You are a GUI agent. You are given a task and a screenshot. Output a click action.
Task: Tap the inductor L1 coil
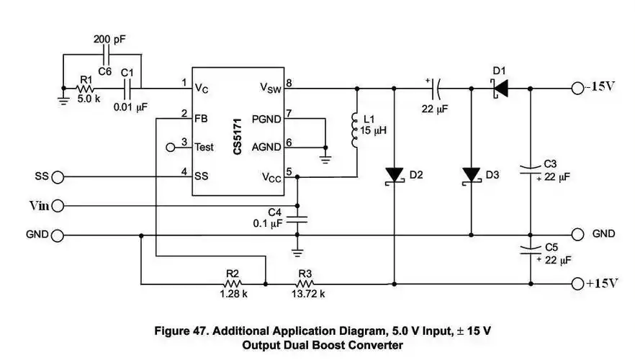[354, 130]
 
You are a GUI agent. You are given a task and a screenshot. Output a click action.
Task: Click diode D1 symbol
[499, 89]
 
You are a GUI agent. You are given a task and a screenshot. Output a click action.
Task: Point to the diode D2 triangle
[394, 176]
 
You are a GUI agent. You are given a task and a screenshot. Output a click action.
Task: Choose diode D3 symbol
[472, 176]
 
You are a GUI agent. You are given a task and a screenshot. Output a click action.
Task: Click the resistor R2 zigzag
[232, 284]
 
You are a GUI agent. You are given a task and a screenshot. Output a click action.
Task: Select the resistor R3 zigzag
[305, 284]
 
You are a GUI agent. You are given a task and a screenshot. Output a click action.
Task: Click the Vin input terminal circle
[58, 206]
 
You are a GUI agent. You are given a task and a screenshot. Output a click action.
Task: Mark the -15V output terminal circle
[577, 89]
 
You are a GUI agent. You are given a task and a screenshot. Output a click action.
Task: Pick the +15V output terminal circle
[577, 284]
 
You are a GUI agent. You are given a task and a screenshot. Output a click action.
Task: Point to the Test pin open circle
[171, 147]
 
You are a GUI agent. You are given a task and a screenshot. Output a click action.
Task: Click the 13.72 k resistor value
[306, 294]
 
